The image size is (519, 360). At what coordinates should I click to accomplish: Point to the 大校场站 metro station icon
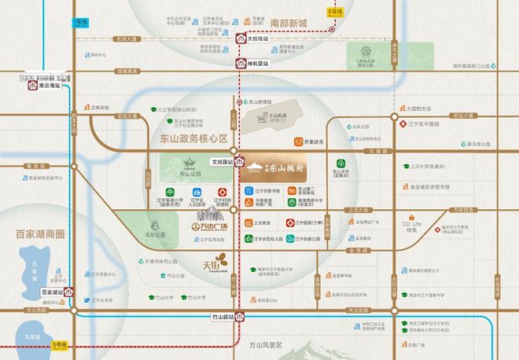[239, 37]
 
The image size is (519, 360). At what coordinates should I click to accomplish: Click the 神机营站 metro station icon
[239, 63]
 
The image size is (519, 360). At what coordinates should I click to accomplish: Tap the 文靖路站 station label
[223, 162]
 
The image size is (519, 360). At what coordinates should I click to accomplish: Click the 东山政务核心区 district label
[188, 138]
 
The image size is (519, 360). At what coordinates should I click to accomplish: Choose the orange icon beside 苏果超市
[299, 142]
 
